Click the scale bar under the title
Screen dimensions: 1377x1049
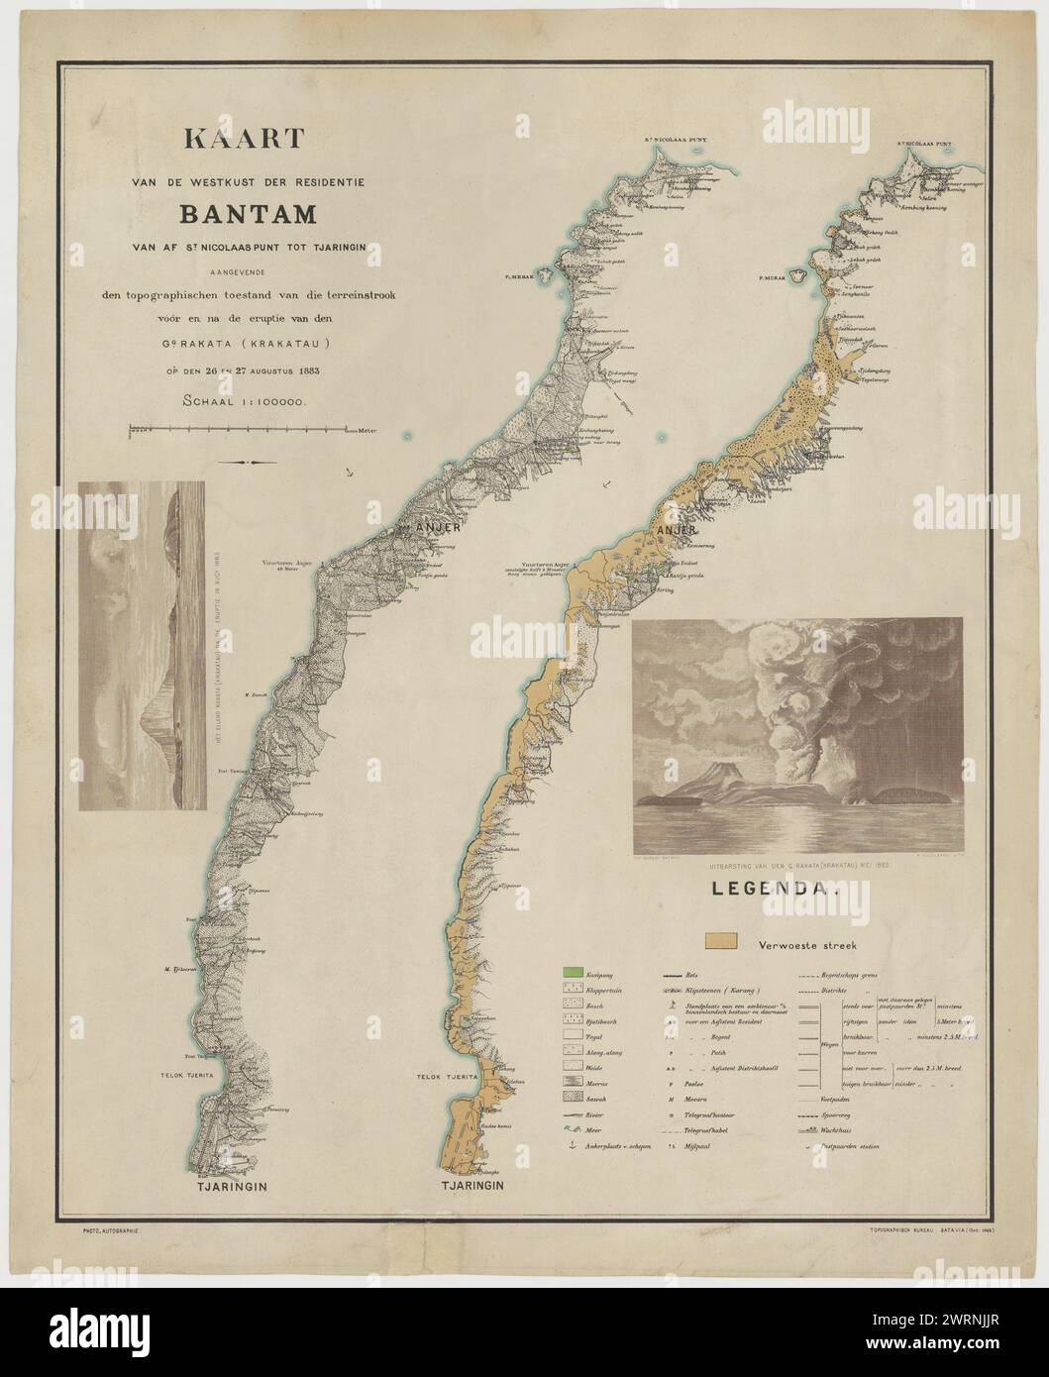pyautogui.click(x=243, y=430)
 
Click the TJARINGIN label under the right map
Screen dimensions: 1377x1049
pyautogui.click(x=467, y=1185)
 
